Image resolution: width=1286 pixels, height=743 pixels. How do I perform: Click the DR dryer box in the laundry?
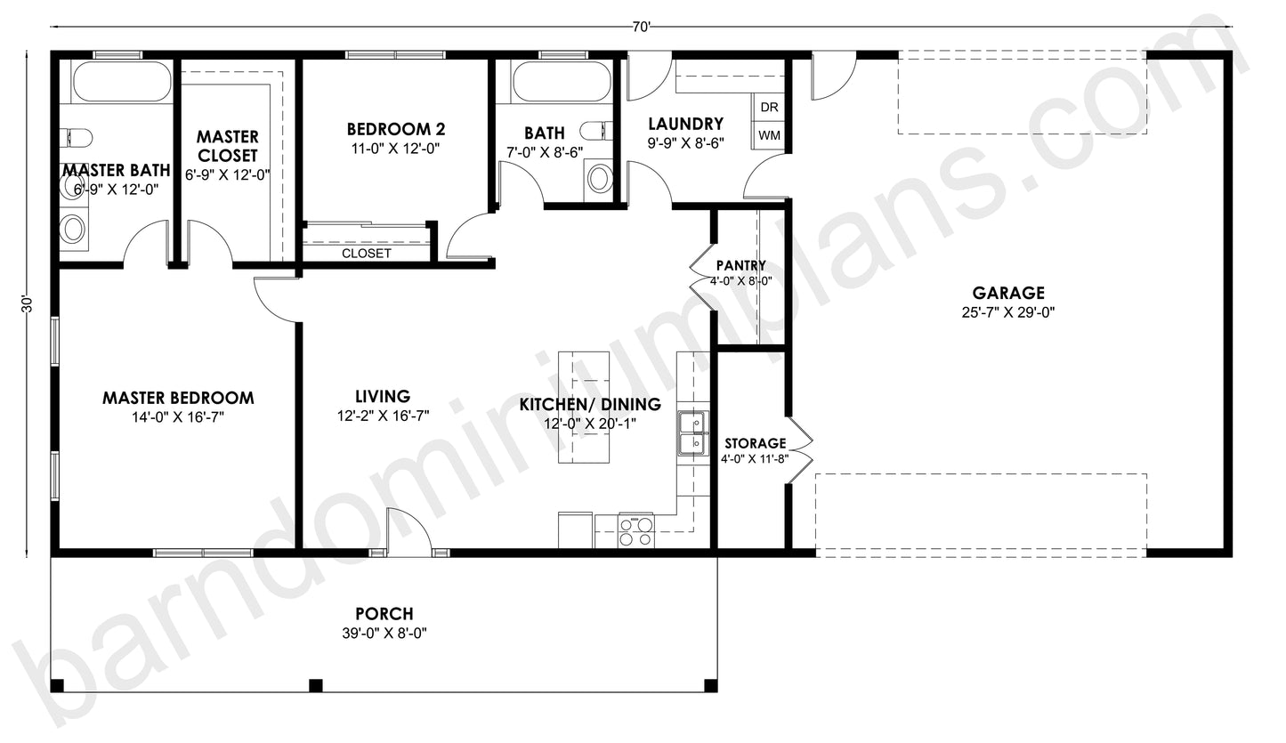[x=770, y=107]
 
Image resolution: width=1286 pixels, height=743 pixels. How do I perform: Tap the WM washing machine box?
[x=770, y=136]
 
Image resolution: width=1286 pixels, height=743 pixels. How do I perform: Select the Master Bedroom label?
[x=178, y=398]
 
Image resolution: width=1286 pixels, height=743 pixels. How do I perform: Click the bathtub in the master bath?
[x=120, y=83]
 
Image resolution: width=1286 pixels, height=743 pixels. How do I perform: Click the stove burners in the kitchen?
[x=636, y=531]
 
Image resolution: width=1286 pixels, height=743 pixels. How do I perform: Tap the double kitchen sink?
[x=691, y=432]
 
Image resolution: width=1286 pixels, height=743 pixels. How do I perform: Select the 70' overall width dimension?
[x=642, y=27]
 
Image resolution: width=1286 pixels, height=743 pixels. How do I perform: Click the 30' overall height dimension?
[x=28, y=304]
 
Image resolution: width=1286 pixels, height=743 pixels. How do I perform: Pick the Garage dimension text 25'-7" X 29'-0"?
[x=1008, y=311]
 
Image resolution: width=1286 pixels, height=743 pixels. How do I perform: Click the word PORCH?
[x=384, y=614]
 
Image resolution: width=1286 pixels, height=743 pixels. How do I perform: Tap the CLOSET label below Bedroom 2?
[x=367, y=254]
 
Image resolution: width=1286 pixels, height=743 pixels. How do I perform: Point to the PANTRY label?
[x=740, y=265]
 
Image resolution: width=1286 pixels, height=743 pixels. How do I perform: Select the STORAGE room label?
[x=755, y=443]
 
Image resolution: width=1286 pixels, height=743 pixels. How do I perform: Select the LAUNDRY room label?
[x=685, y=124]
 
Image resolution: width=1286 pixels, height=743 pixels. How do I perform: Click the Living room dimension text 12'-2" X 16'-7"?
[x=383, y=416]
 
